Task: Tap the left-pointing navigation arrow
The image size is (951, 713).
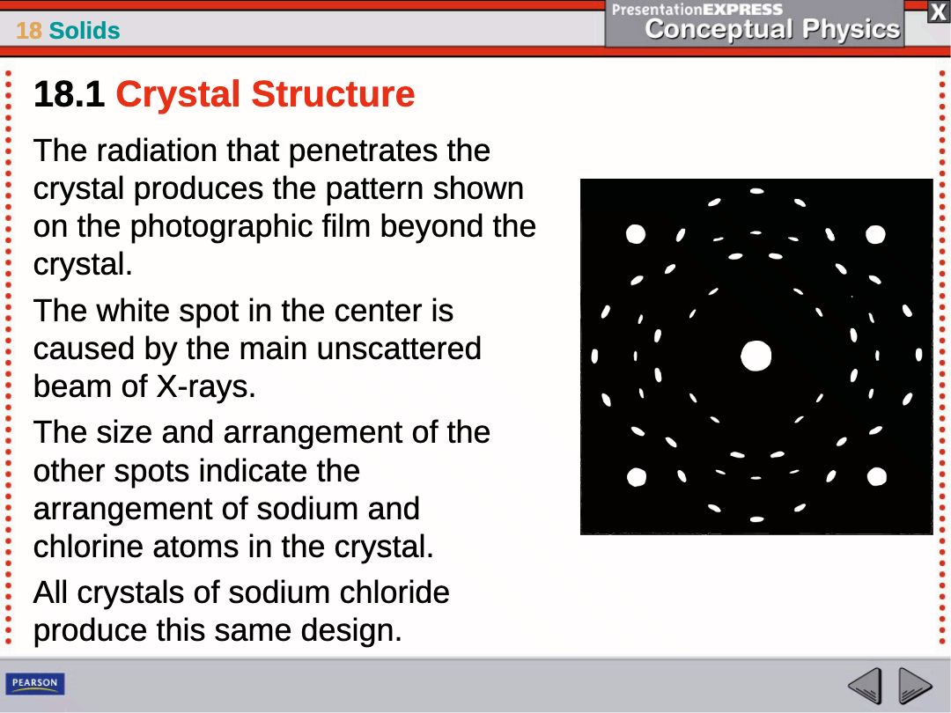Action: [x=865, y=686]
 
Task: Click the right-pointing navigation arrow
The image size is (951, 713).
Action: [x=915, y=686]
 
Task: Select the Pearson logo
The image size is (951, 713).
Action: [x=35, y=683]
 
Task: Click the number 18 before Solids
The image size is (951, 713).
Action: [x=28, y=30]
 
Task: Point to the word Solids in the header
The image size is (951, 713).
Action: [x=85, y=30]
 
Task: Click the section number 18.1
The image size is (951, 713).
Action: [x=70, y=94]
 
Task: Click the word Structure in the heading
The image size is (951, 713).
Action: [x=333, y=94]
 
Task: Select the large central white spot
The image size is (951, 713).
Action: [x=756, y=356]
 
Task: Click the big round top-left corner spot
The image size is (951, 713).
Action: [x=636, y=233]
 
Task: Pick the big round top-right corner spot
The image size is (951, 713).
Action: [x=875, y=234]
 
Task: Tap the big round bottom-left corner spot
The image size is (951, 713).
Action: [x=637, y=477]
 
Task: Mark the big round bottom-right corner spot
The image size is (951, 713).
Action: [x=876, y=476]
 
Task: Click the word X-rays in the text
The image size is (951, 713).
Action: [x=206, y=386]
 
